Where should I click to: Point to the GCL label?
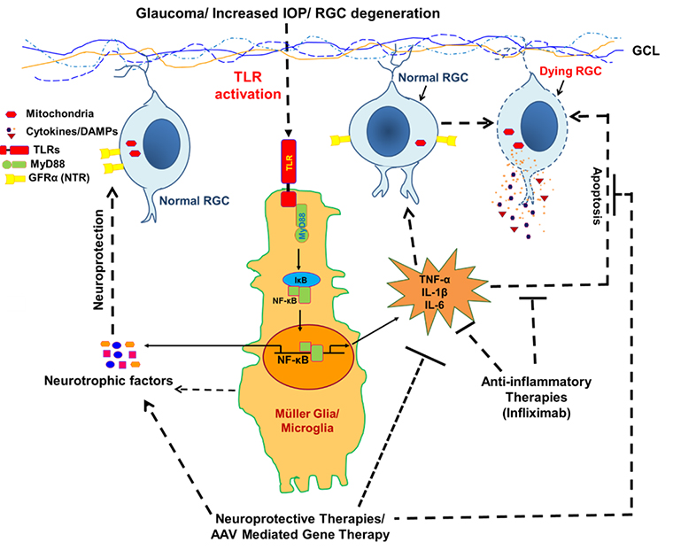coord(645,53)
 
